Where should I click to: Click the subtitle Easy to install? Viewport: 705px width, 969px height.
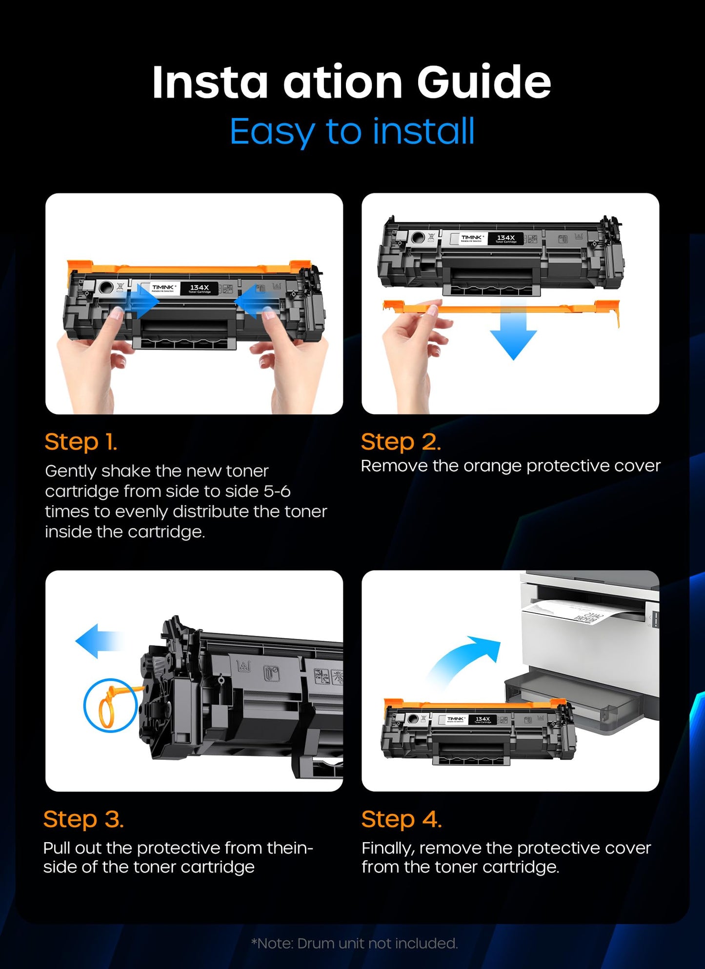(352, 131)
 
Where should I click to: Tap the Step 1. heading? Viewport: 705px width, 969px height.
(81, 442)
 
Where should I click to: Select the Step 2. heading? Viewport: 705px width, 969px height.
(401, 442)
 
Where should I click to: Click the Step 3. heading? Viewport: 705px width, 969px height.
(83, 819)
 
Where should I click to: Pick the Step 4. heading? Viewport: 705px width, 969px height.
(401, 819)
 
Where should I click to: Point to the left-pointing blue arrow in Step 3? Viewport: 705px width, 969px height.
(98, 641)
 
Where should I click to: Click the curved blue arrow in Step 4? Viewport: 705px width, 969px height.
(466, 658)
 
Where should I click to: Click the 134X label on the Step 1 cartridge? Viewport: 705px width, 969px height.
(199, 288)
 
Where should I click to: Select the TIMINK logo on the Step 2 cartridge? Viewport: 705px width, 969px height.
(472, 238)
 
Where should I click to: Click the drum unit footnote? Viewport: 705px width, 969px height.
(354, 943)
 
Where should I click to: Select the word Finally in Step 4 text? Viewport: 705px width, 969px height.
(388, 848)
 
